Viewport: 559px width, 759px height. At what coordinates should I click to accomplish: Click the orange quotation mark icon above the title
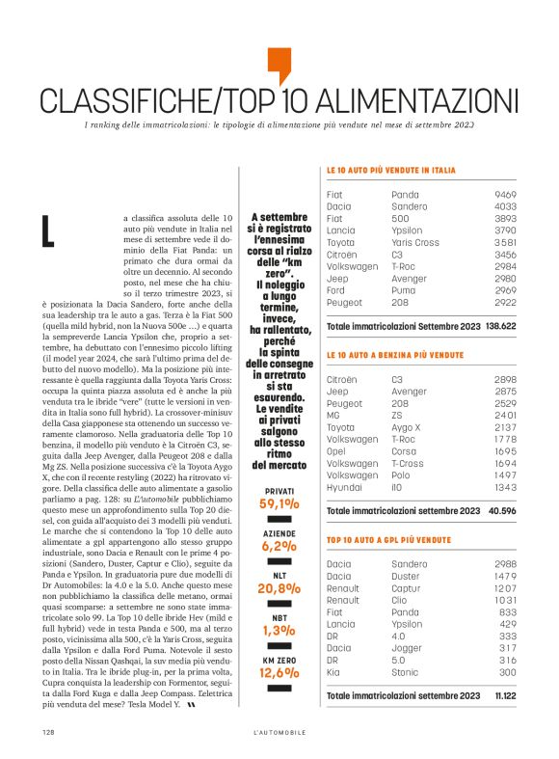pyautogui.click(x=279, y=65)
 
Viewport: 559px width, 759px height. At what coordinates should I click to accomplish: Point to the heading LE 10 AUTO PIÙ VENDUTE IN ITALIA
pyautogui.click(x=391, y=171)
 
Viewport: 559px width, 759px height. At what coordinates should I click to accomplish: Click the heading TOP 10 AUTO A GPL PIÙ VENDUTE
pyautogui.click(x=389, y=540)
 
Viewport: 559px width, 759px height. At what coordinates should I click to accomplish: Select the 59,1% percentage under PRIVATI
pyautogui.click(x=279, y=503)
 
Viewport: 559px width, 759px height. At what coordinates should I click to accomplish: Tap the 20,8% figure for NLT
pyautogui.click(x=279, y=587)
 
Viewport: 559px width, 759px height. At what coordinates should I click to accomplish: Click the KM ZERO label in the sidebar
pyautogui.click(x=279, y=659)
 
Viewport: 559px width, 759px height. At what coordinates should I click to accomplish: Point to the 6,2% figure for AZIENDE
pyautogui.click(x=279, y=546)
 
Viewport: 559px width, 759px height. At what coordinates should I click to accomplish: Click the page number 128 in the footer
pyautogui.click(x=47, y=732)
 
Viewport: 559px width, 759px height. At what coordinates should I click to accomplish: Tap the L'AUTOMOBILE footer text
pyautogui.click(x=279, y=732)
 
